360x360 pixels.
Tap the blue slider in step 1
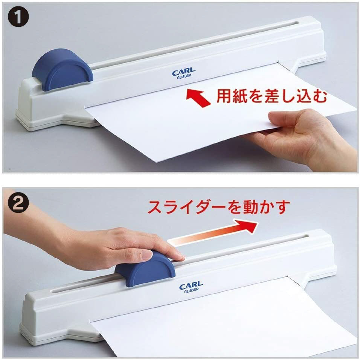pos(63,69)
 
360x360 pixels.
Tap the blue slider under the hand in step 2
pos(145,268)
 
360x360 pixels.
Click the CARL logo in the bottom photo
pos(191,285)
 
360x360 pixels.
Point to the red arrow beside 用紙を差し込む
pos(198,98)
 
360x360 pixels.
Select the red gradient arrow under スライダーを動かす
pos(213,233)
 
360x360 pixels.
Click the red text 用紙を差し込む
pos(272,96)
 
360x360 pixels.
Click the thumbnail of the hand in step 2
pos(146,255)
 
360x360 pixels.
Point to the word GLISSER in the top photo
pos(184,77)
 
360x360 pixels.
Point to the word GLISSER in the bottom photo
pos(191,290)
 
